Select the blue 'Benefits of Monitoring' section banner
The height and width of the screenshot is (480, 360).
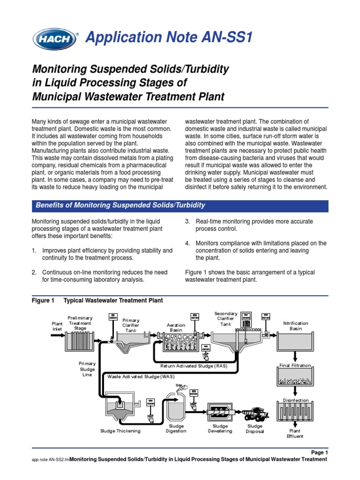(180, 205)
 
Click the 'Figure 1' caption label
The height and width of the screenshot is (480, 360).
(43, 300)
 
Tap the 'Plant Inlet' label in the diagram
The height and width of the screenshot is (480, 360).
(57, 326)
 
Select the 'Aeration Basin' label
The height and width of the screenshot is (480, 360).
(176, 328)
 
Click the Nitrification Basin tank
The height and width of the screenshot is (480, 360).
(295, 343)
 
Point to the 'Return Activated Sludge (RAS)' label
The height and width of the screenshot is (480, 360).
(194, 366)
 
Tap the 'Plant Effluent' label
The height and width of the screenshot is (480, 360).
(295, 433)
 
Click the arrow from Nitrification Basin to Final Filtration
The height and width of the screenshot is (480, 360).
(295, 357)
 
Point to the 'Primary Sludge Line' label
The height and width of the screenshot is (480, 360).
(87, 369)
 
